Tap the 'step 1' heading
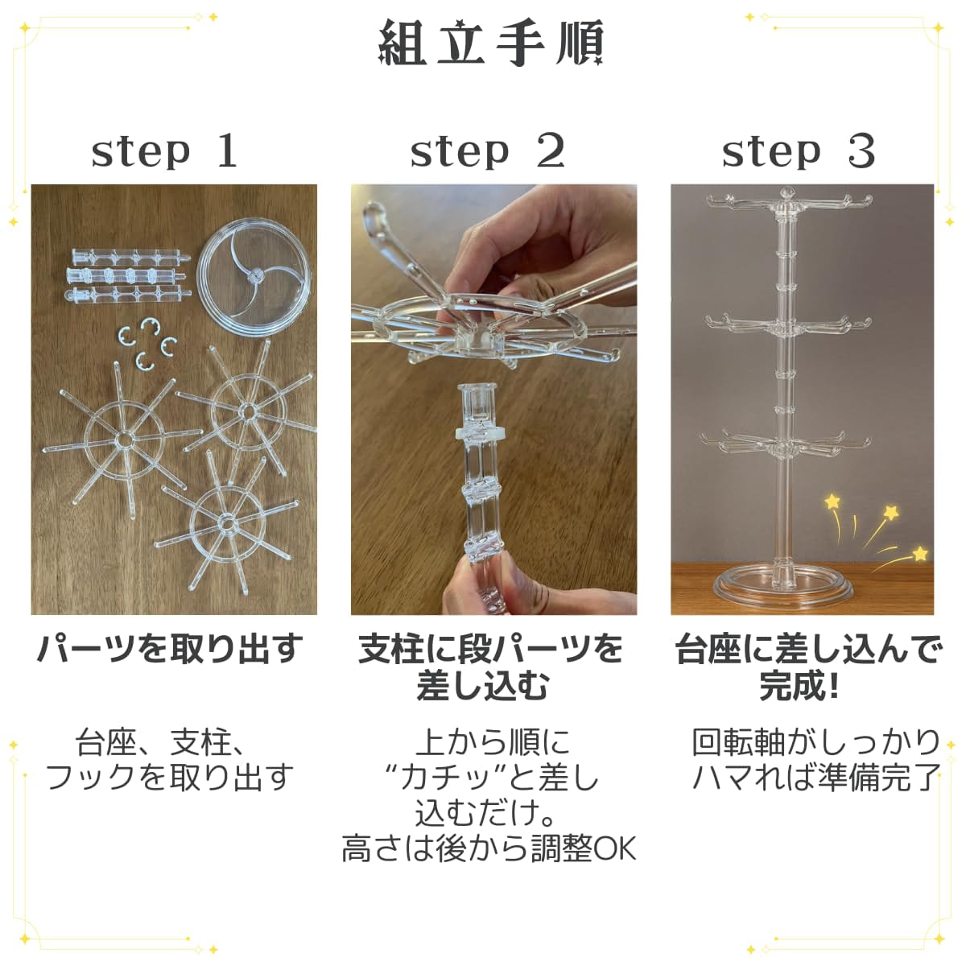click(x=164, y=151)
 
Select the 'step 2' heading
click(x=487, y=151)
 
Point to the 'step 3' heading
click(x=799, y=151)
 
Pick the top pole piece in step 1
click(x=131, y=258)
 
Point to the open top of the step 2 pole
click(x=476, y=389)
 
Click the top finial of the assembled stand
click(x=786, y=193)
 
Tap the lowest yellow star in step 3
click(x=920, y=553)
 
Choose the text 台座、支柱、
click(x=159, y=744)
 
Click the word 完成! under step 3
click(x=799, y=687)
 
